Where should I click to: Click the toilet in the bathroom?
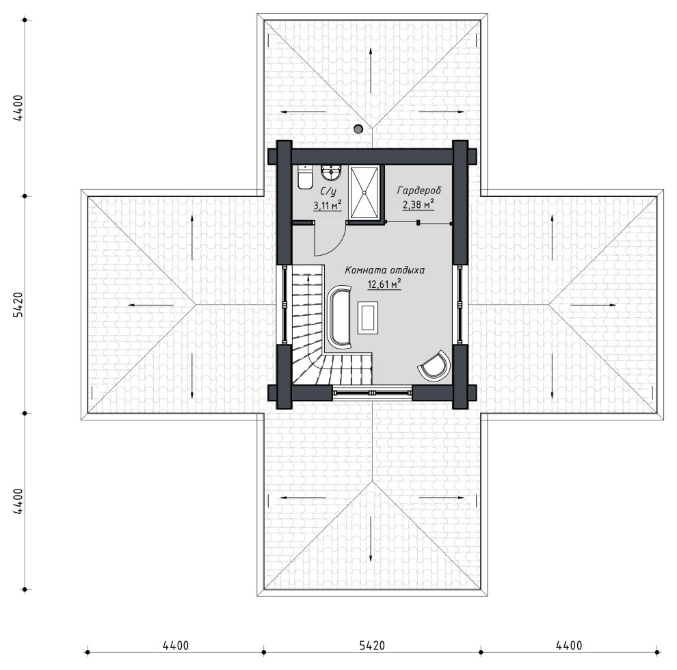pos(305,178)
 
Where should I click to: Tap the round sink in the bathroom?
pos(331,173)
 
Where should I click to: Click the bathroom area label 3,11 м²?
pos(328,205)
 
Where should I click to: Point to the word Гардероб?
pos(419,190)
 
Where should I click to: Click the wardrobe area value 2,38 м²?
pos(419,204)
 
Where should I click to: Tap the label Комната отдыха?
pos(385,270)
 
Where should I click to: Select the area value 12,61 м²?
pos(384,284)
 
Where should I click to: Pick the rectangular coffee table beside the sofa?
pos(368,318)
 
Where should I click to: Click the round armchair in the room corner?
pos(434,366)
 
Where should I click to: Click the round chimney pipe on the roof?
pos(358,129)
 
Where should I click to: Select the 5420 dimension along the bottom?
pos(372,645)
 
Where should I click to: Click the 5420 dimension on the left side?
pos(18,305)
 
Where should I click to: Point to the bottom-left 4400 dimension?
pos(176,645)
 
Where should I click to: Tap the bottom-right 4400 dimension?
pos(569,645)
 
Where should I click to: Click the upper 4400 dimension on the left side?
pos(18,107)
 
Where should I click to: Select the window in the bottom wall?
pos(372,393)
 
